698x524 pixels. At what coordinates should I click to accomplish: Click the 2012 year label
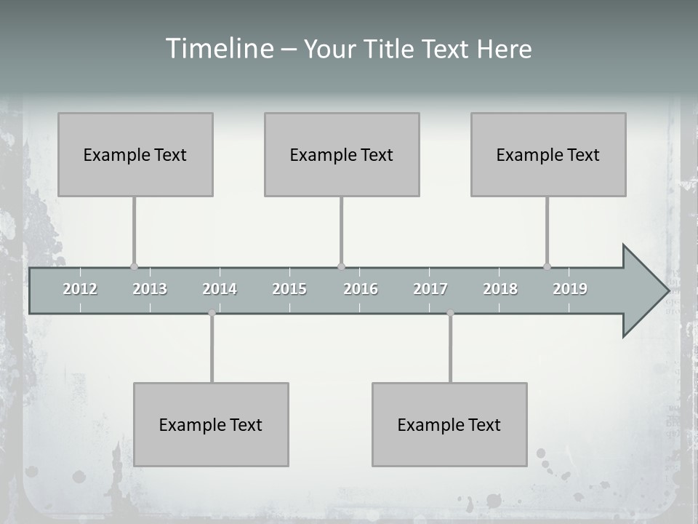point(80,289)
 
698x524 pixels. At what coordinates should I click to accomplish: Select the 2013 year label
point(150,289)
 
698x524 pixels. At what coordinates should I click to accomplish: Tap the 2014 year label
point(220,289)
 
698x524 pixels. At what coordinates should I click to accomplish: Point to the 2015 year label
point(289,289)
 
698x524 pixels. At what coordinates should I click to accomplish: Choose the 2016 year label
point(361,289)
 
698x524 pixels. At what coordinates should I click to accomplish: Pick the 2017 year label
point(430,289)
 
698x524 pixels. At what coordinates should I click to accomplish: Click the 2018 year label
point(500,289)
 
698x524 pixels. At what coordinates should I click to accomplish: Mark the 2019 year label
point(570,289)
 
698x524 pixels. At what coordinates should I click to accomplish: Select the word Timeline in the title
point(219,49)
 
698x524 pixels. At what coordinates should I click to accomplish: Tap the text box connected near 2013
point(135,154)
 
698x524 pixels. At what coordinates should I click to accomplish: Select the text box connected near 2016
point(342,154)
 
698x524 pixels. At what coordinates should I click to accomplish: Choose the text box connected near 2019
point(548,154)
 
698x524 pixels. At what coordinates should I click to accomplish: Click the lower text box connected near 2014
point(211,424)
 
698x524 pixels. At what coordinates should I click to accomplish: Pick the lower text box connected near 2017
point(449,424)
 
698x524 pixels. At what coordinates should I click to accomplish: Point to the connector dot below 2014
point(212,313)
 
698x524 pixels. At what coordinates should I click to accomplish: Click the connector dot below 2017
point(450,313)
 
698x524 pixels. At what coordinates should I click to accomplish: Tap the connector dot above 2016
point(341,266)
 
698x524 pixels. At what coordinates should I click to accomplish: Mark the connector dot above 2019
point(547,266)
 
